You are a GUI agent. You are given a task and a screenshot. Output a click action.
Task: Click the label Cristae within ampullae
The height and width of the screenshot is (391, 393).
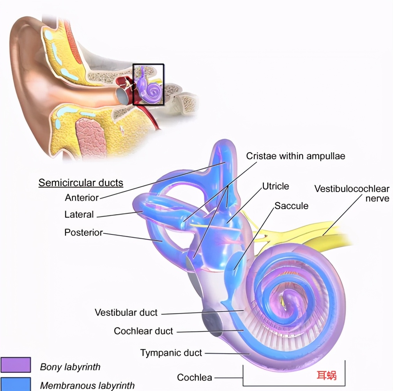pos(296,156)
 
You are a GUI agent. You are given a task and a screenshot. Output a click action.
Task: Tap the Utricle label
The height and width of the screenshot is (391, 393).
pos(275,186)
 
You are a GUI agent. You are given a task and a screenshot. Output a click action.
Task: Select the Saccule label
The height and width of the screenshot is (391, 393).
pos(291,205)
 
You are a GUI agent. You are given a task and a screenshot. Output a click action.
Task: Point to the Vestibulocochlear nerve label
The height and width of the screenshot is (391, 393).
pos(352,194)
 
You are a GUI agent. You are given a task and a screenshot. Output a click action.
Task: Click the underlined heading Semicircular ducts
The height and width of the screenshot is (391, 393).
pos(81,183)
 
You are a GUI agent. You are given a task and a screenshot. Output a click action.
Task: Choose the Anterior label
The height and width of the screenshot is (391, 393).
pos(82,197)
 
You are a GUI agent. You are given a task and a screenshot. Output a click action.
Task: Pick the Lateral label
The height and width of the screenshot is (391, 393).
pos(79,215)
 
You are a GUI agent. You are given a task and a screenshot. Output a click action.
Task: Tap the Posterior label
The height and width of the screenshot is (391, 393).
pos(83,232)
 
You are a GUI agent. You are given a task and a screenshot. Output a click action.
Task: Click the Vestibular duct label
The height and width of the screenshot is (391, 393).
pos(126,312)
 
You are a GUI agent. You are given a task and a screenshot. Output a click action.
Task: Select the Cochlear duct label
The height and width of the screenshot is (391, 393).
pos(143,331)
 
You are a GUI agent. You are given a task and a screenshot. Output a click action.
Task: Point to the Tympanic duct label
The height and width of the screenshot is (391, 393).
pos(171,353)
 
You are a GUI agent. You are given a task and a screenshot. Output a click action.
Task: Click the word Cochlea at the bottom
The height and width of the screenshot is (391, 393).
pos(195,377)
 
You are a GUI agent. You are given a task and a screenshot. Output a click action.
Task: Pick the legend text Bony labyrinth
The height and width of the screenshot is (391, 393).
pos(70,367)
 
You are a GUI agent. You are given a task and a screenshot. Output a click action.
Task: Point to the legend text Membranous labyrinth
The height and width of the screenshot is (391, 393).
pos(87,386)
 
